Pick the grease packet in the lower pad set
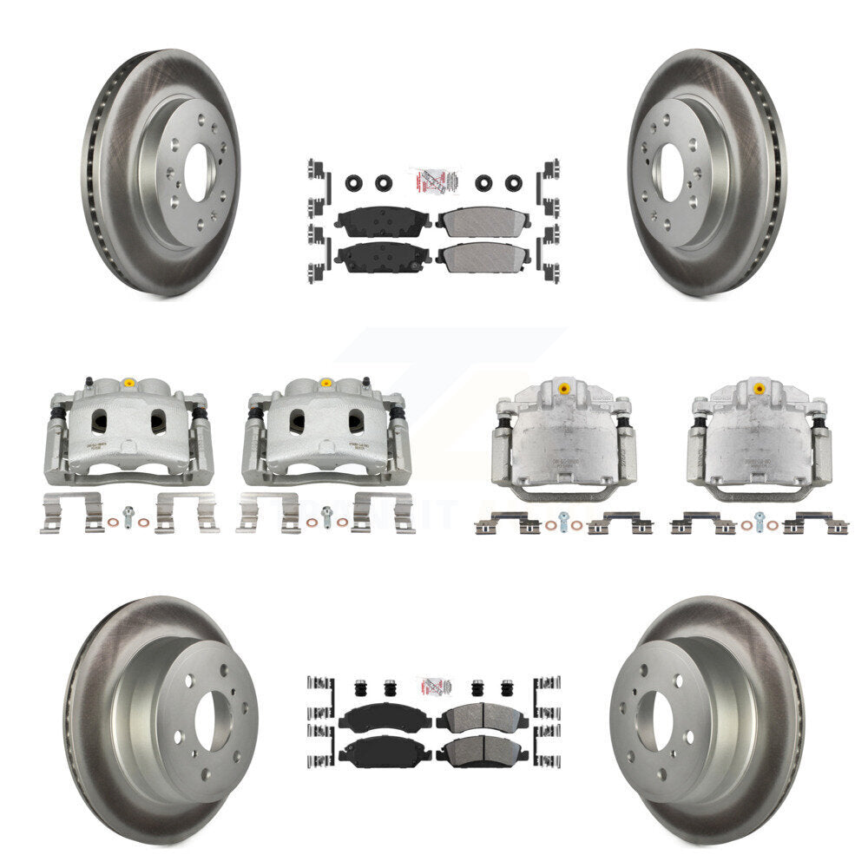tap(434, 686)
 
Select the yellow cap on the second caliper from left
tap(325, 383)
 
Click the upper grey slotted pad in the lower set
tap(483, 717)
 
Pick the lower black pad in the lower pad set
tap(384, 751)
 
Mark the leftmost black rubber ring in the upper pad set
tap(353, 184)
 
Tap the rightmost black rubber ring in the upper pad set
tap(513, 184)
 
